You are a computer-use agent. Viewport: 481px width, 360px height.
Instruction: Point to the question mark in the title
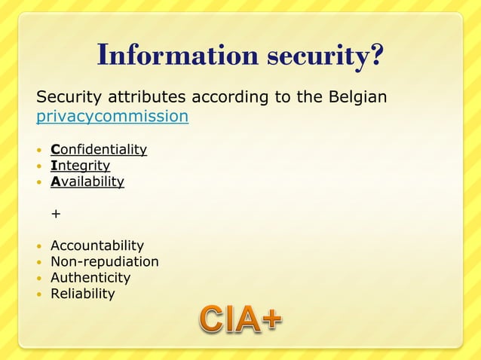pyautogui.click(x=376, y=55)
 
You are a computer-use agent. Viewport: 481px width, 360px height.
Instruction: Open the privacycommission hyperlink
pyautogui.click(x=112, y=117)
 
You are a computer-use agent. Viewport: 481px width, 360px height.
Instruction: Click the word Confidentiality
pyautogui.click(x=99, y=149)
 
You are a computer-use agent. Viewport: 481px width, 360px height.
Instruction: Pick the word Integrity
pyautogui.click(x=80, y=165)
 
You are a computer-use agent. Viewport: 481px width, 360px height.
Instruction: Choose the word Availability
pyautogui.click(x=87, y=181)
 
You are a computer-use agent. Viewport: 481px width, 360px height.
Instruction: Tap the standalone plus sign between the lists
pyautogui.click(x=55, y=214)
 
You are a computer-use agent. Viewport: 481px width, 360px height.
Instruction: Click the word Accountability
pyautogui.click(x=97, y=246)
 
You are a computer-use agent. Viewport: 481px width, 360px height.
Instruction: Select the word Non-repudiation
pyautogui.click(x=104, y=261)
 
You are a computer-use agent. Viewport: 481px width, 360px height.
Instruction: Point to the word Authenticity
pyautogui.click(x=90, y=277)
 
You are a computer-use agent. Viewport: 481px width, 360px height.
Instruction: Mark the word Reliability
pyautogui.click(x=82, y=293)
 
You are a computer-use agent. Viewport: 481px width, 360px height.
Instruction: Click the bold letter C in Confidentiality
pyautogui.click(x=55, y=149)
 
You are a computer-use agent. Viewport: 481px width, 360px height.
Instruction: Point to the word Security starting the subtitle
pyautogui.click(x=66, y=98)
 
